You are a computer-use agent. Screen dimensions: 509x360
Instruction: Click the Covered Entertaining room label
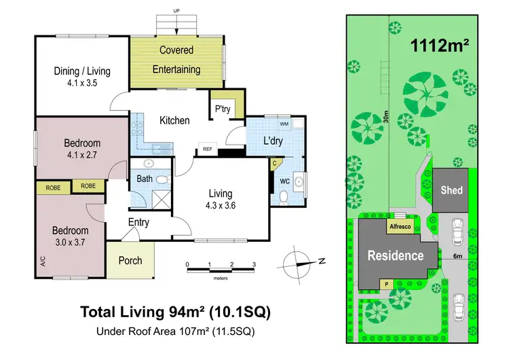point(176,60)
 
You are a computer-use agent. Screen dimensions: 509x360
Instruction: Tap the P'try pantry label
point(222,109)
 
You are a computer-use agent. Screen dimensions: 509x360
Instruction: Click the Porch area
point(130,261)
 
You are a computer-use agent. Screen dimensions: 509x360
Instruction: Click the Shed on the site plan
point(451,190)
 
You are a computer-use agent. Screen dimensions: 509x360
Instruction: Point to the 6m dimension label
point(458,256)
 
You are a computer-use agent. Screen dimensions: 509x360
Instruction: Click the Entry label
point(138,223)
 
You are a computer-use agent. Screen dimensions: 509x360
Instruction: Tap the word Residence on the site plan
point(396,256)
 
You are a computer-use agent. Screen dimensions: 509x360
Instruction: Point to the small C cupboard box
point(275,164)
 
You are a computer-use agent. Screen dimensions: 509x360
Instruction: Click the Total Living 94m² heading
point(176,312)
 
